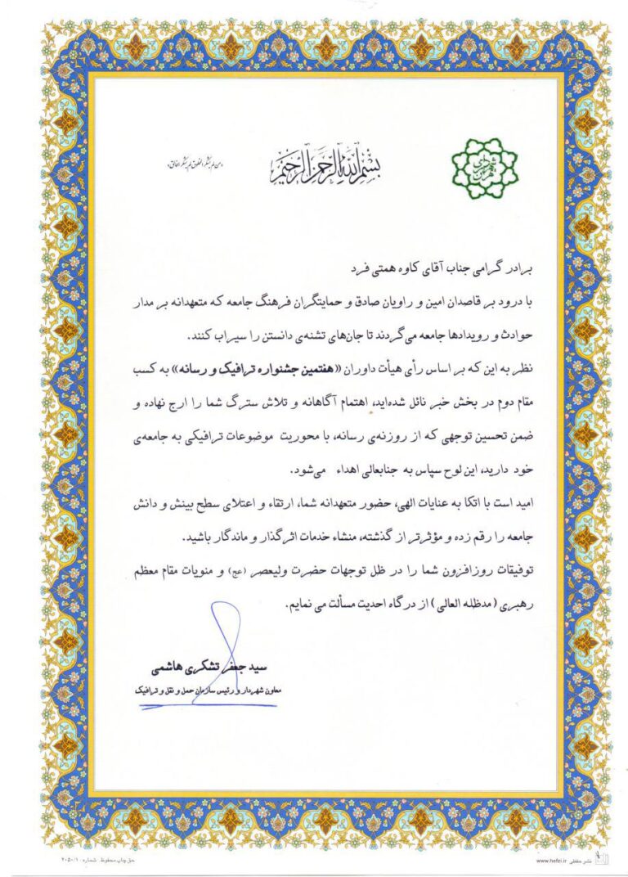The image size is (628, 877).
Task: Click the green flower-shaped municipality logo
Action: (x=486, y=169)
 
